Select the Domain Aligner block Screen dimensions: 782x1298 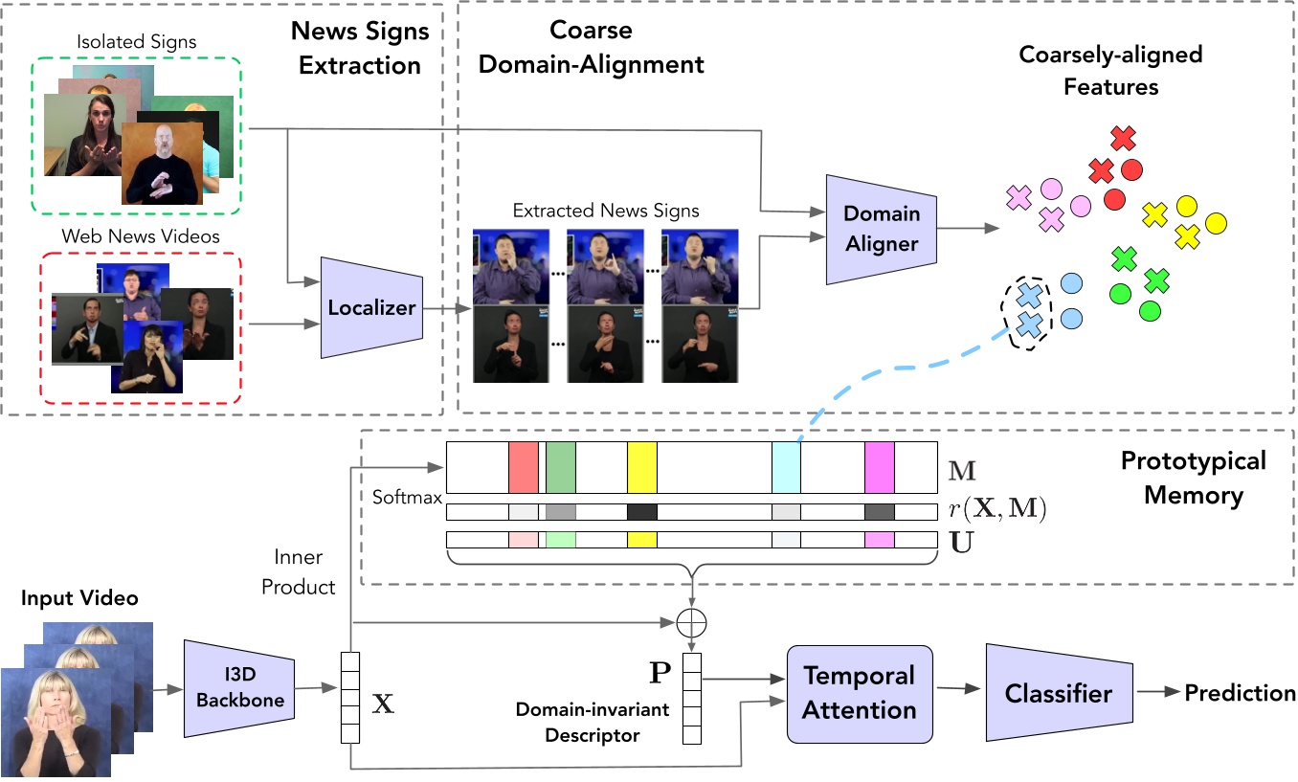coord(881,229)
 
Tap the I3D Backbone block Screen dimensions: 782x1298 coord(239,689)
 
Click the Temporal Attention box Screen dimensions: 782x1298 coord(859,693)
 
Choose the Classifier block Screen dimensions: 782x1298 coord(1058,693)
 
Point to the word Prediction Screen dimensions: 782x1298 coord(1240,693)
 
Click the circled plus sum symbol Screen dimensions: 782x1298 coord(690,623)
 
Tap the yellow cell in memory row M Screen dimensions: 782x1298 coord(642,466)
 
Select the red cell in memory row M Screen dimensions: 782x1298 coord(524,466)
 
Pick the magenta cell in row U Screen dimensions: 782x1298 coord(879,541)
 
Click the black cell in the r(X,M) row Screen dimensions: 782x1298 coord(642,512)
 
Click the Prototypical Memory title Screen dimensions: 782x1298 coord(1193,478)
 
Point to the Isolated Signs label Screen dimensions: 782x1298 coord(136,41)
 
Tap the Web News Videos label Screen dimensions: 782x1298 coord(141,235)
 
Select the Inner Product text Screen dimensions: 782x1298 coord(299,571)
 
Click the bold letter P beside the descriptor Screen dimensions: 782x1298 coord(660,673)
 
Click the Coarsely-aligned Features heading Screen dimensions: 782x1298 coord(1109,70)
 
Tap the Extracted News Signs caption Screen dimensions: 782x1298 coord(606,211)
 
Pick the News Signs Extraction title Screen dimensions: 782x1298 coord(361,48)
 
